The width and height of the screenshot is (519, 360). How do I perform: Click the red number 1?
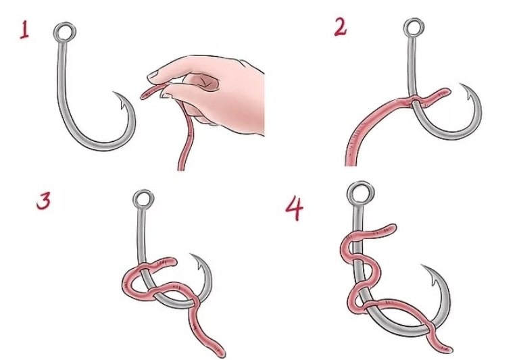point(24,30)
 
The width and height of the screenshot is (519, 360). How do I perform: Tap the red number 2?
point(341,26)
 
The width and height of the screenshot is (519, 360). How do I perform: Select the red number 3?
point(44,201)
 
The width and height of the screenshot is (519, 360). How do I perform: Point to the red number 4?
point(294,208)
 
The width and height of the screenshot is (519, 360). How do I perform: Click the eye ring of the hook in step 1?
point(54,32)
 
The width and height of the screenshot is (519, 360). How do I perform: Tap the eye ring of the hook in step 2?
point(405,28)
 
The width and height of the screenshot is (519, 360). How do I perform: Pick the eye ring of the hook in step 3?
point(134,199)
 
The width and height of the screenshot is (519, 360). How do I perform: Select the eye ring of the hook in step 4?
point(348,193)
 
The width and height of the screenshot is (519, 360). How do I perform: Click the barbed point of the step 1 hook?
point(114,93)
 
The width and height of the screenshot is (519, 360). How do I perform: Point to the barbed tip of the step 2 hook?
point(460,84)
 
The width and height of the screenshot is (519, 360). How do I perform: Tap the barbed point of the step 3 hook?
point(191,255)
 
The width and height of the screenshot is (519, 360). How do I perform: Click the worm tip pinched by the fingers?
point(143,97)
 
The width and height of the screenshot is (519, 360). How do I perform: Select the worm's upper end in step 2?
point(447,91)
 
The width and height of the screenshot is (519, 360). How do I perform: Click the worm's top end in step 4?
point(394,227)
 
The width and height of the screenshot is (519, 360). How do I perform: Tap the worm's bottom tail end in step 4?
point(449,349)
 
